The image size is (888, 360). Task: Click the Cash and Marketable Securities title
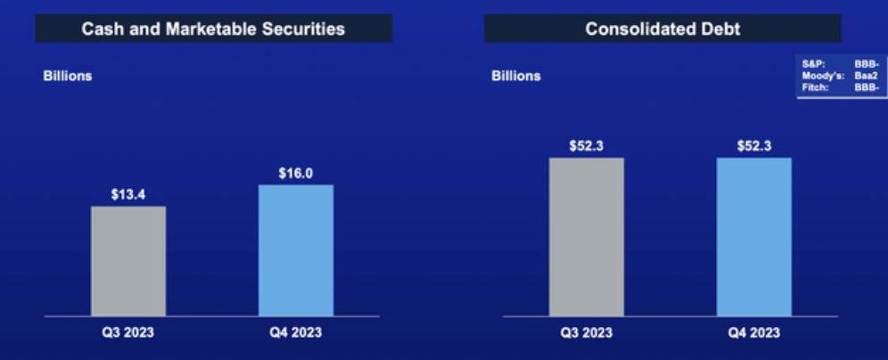click(x=213, y=29)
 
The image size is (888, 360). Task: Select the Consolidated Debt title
click(x=662, y=29)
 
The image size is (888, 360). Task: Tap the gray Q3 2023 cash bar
click(x=128, y=260)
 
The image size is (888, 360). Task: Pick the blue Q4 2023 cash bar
click(x=296, y=250)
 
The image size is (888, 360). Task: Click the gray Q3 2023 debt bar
click(x=586, y=236)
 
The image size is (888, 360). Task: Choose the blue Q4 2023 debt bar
click(x=753, y=236)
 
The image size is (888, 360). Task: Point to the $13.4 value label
click(x=128, y=194)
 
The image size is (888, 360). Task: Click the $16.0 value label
click(x=295, y=173)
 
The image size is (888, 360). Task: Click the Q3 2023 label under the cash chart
click(x=128, y=333)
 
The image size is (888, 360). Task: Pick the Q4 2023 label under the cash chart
click(x=295, y=333)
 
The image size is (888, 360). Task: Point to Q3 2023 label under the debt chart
click(x=586, y=333)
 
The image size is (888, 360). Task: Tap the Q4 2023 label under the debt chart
click(x=753, y=333)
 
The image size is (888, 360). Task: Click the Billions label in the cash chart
click(x=68, y=76)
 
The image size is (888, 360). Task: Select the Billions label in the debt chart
click(x=515, y=76)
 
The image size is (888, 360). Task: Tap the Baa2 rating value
click(x=866, y=76)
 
